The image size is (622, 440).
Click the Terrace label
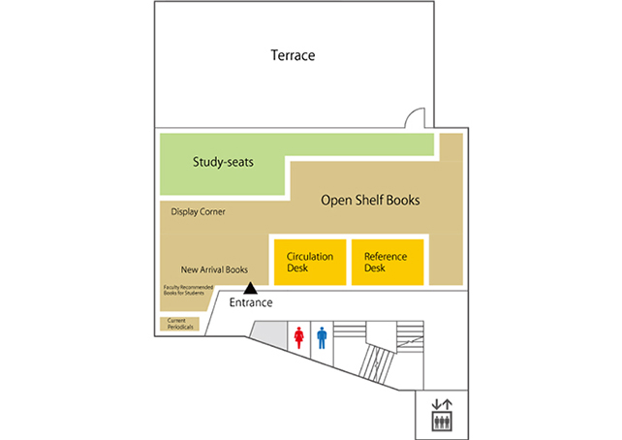(293, 55)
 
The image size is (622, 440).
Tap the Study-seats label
(223, 162)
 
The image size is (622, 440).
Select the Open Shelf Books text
(370, 200)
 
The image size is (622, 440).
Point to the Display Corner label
(198, 211)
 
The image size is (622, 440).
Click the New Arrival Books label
(214, 269)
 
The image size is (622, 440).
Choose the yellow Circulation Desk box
(310, 263)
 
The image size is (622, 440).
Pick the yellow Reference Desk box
(388, 263)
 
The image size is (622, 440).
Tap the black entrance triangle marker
(250, 288)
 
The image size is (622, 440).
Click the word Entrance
(251, 302)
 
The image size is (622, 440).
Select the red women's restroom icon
(298, 337)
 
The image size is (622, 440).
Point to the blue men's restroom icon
(322, 337)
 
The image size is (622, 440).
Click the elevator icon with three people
(442, 421)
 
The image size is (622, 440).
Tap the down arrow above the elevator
(436, 404)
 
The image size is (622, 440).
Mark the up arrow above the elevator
(447, 404)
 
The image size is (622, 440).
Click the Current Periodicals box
(179, 324)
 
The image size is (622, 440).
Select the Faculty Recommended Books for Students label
(188, 290)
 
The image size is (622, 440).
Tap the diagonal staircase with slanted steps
(377, 363)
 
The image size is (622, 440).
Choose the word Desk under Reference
(375, 268)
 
